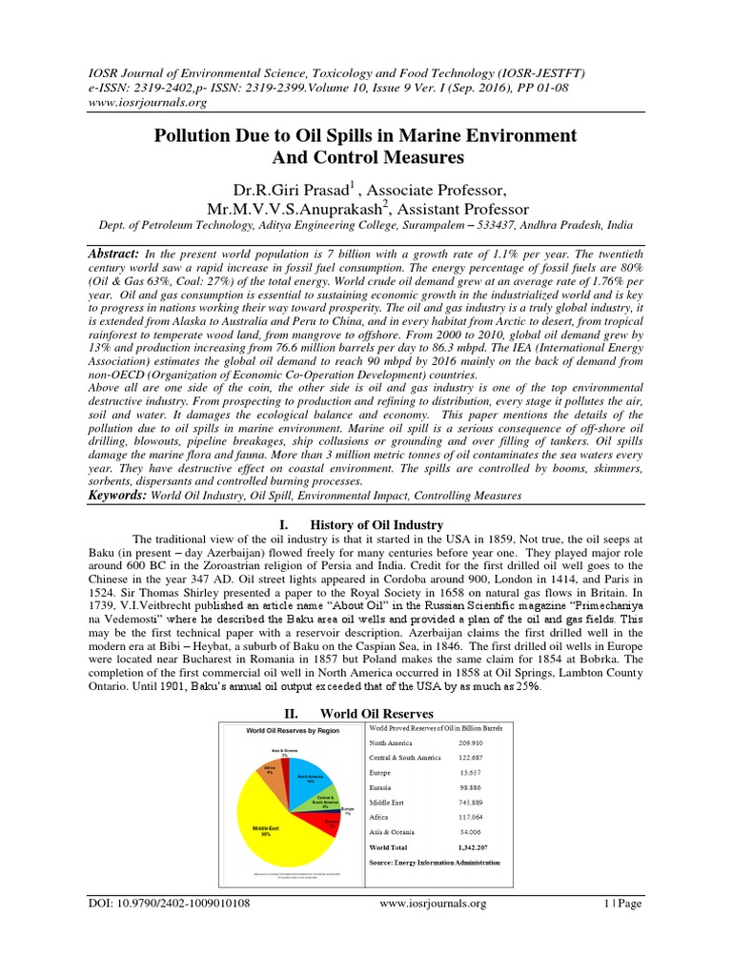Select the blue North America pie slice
pyautogui.click(x=306, y=780)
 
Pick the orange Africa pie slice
pyautogui.click(x=272, y=777)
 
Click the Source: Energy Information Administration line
pyautogui.click(x=434, y=863)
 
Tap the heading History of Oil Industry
pyautogui.click(x=376, y=525)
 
